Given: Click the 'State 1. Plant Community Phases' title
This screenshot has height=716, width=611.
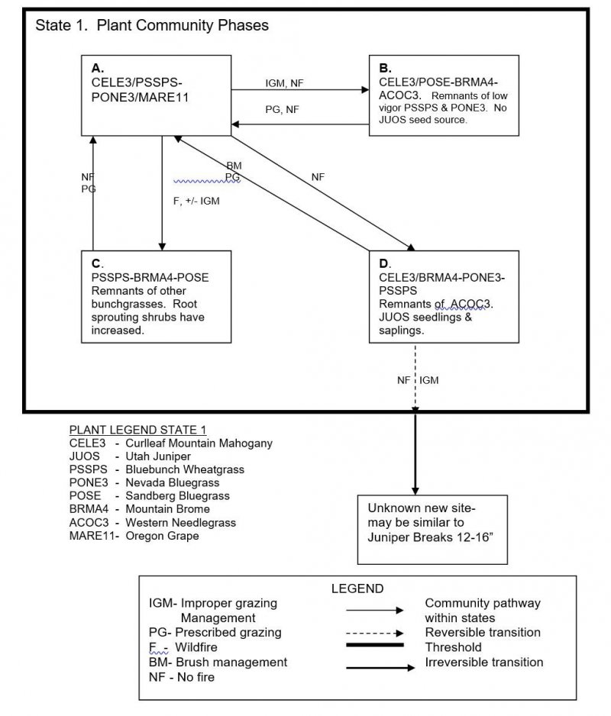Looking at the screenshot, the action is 152,25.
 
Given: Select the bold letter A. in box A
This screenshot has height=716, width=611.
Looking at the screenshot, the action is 97,68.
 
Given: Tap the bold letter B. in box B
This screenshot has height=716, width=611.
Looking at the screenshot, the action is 385,68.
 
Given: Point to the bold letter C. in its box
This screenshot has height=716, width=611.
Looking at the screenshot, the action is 97,263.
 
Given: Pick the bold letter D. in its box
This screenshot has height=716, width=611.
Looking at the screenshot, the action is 385,263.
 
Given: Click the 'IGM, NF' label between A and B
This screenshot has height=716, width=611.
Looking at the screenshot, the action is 284,83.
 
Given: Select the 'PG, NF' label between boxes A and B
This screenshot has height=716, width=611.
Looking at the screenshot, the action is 282,110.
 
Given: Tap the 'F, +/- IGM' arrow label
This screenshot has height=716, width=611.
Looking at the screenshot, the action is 196,201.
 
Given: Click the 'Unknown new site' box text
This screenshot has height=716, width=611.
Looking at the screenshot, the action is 431,522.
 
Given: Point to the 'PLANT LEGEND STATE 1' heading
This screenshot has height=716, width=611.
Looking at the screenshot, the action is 137,430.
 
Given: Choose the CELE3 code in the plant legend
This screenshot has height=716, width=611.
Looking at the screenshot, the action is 87,443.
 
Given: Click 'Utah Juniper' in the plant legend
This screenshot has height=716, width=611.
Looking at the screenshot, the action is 158,456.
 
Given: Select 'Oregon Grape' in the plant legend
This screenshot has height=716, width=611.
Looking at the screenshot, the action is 162,536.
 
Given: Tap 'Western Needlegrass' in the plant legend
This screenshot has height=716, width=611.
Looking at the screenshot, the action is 180,522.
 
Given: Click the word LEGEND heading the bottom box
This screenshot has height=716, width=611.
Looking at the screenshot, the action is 357,589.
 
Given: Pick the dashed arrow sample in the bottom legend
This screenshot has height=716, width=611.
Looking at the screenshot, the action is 375,634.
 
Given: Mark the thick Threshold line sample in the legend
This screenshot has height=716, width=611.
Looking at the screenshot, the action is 375,645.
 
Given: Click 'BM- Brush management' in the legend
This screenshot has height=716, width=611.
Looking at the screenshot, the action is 218,662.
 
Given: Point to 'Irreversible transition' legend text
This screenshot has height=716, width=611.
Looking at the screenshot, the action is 484,662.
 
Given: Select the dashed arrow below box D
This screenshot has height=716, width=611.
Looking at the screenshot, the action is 415,377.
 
